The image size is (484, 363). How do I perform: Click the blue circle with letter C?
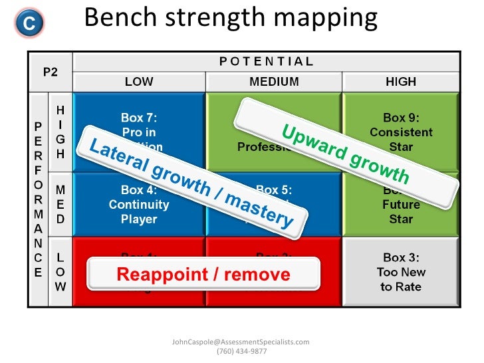(28, 23)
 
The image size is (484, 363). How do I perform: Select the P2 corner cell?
(50, 72)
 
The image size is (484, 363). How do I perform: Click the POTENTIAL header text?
(266, 61)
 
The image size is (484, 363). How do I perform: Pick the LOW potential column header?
(138, 82)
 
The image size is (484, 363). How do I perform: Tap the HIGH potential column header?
(400, 82)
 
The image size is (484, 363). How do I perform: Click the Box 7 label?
(139, 117)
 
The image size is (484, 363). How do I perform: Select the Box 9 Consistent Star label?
(401, 132)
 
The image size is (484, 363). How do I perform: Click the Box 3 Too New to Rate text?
(401, 272)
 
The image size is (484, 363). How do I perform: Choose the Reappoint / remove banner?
(203, 274)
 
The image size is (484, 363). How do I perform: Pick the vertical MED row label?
(60, 204)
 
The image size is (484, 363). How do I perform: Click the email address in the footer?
(241, 342)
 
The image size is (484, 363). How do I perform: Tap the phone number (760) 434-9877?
(241, 352)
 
